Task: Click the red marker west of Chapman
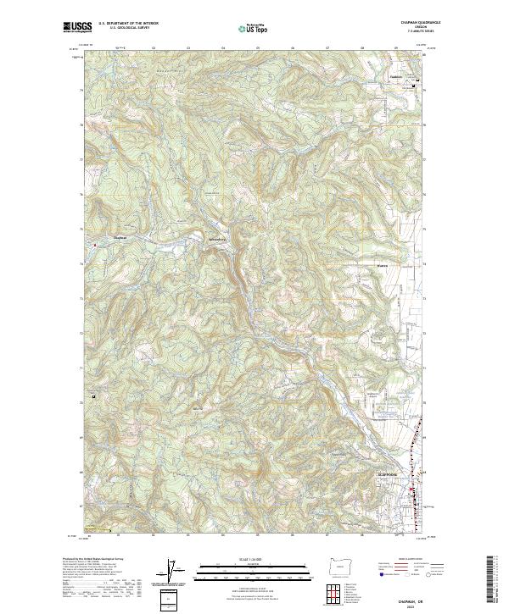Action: coord(96,246)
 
